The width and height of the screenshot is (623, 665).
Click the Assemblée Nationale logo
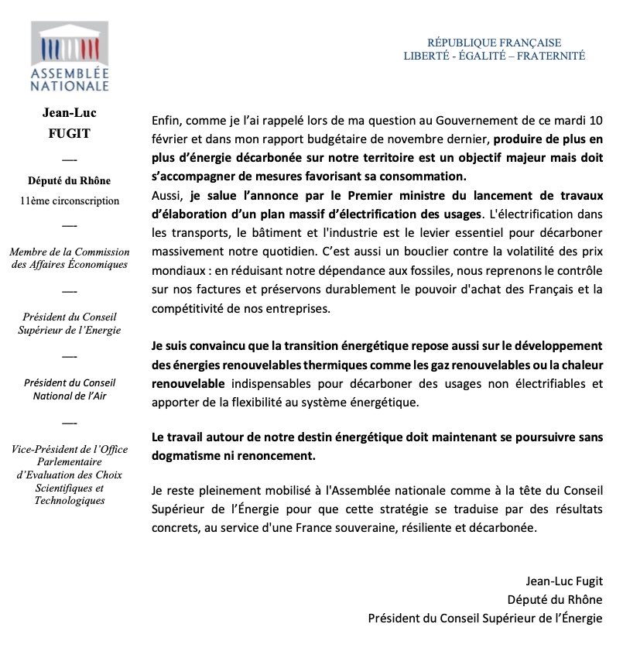pyautogui.click(x=70, y=57)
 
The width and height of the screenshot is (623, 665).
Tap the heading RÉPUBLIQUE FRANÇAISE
pyautogui.click(x=494, y=43)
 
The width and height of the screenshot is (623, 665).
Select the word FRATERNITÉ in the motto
pyautogui.click(x=552, y=56)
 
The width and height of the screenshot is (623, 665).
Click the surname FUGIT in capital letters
pyautogui.click(x=70, y=134)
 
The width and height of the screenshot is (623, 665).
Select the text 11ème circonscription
pyautogui.click(x=70, y=201)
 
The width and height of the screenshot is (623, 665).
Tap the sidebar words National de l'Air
pyautogui.click(x=70, y=395)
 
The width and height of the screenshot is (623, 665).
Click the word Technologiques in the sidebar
pyautogui.click(x=70, y=500)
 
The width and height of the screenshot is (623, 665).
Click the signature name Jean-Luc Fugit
pyautogui.click(x=563, y=581)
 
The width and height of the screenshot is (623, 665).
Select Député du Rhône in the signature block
pyautogui.click(x=554, y=599)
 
